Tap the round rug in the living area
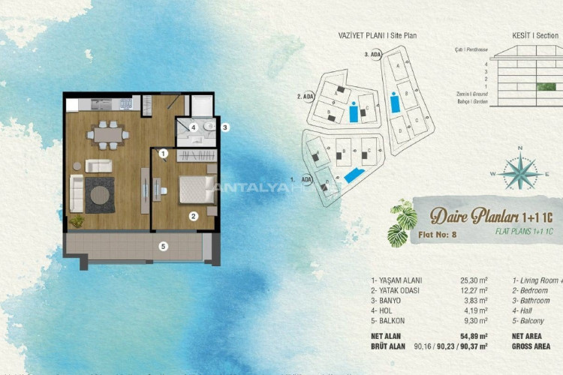(99, 193)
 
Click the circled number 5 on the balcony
(163, 245)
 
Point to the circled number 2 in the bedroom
(193, 217)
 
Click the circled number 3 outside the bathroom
(224, 127)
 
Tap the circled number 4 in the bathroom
(193, 127)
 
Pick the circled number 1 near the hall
(163, 154)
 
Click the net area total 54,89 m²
(472, 336)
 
